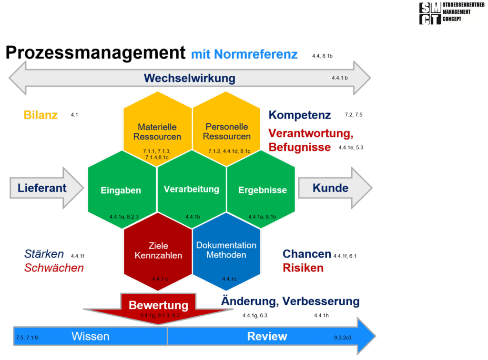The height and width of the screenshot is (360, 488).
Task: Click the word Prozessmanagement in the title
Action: (95, 52)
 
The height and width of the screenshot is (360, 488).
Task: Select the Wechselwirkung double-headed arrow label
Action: (190, 78)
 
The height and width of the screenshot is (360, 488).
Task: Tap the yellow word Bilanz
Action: (41, 115)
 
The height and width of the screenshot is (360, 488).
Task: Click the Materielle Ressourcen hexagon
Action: (157, 131)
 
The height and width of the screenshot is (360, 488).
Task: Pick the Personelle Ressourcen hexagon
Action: (226, 131)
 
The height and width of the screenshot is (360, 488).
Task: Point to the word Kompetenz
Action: (299, 115)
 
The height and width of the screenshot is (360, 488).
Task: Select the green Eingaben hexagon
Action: (121, 190)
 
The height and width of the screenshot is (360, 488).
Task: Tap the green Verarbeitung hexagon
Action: (192, 189)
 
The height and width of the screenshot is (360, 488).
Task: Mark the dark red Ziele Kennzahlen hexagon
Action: (158, 250)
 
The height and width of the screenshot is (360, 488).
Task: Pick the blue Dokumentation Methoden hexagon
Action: (226, 250)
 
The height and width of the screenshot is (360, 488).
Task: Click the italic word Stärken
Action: (44, 254)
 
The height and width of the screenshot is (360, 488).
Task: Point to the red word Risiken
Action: (303, 268)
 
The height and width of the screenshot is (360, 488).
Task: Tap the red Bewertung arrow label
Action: (158, 305)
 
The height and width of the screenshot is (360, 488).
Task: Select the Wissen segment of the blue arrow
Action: (91, 337)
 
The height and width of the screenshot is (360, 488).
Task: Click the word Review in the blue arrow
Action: (267, 337)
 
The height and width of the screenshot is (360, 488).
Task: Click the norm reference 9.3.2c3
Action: (343, 338)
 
